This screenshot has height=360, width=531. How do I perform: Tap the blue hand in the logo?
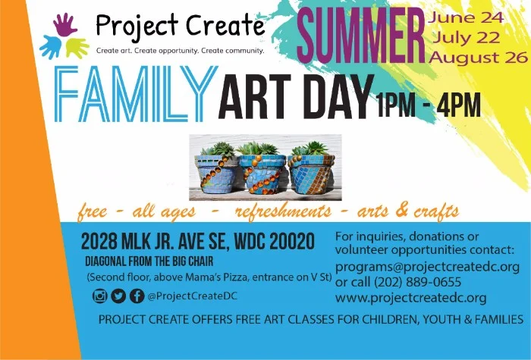pos(51,46)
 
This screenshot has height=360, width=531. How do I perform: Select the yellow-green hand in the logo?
pos(77,47)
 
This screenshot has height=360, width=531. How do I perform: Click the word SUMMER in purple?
pos(360,34)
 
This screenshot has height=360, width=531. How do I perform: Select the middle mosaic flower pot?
pos(262,172)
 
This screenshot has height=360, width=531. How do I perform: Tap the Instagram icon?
pos(100,296)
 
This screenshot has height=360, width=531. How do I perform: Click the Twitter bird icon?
pos(118,296)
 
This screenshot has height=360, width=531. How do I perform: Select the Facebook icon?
pos(137,296)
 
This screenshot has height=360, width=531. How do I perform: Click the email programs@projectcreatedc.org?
pos(427,267)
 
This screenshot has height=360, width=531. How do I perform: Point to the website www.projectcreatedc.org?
pos(410,298)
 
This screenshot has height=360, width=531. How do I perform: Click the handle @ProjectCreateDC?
pos(193,296)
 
